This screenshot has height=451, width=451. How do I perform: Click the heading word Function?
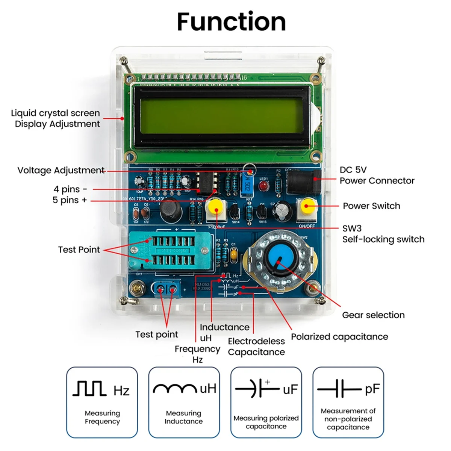click(x=231, y=22)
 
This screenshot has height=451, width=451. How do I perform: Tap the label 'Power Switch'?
click(x=371, y=206)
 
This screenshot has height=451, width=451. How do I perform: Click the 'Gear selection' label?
click(x=373, y=315)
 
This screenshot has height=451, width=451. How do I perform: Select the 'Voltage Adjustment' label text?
click(x=61, y=170)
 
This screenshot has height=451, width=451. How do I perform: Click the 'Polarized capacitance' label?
click(x=339, y=337)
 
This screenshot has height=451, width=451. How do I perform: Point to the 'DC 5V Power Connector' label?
click(x=377, y=176)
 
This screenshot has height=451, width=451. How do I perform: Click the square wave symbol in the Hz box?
click(x=89, y=389)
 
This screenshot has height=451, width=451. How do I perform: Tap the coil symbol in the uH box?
click(x=175, y=388)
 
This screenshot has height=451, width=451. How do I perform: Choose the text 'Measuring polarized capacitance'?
click(x=266, y=422)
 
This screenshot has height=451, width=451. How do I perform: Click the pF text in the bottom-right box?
click(x=372, y=389)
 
